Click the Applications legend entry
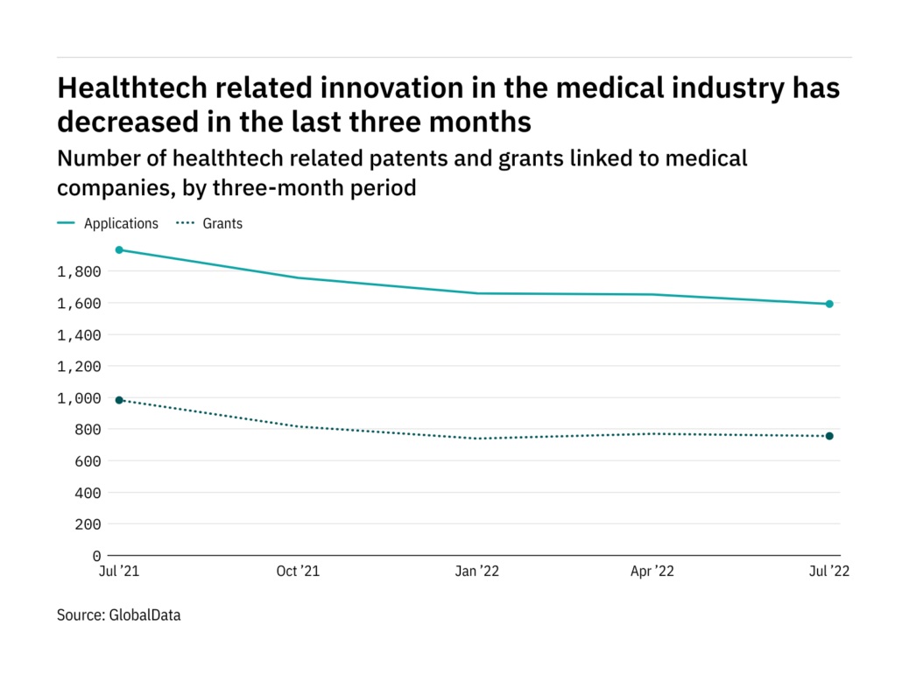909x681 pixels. tap(121, 223)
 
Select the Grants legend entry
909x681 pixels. tap(222, 223)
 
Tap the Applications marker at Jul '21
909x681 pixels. tap(120, 250)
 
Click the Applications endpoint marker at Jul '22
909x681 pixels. tap(828, 304)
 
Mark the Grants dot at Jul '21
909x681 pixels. tap(120, 400)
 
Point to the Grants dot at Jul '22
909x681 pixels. tap(828, 436)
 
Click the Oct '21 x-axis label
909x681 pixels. tap(298, 572)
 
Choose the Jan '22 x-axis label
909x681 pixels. tap(476, 572)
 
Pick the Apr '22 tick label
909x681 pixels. tap(652, 572)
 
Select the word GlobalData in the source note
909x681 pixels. tap(144, 615)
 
